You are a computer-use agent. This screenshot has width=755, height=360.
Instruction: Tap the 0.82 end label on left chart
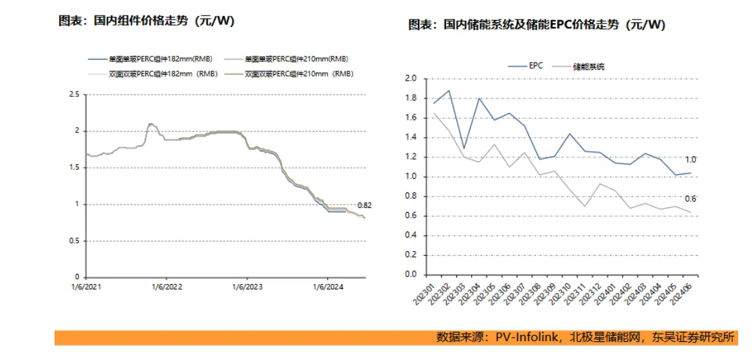point(364,205)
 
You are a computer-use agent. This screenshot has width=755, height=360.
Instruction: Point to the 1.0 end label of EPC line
point(690,160)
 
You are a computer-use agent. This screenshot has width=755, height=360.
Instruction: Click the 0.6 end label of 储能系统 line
point(690,199)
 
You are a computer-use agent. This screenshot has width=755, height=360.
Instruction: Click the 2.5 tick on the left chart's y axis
point(74,94)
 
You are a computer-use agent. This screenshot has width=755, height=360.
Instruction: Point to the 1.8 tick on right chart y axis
point(410,98)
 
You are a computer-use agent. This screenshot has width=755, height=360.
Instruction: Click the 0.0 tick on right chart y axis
point(410,275)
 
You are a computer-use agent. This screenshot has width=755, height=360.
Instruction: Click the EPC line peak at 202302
point(449,90)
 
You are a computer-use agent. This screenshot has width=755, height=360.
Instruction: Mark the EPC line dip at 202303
point(464,148)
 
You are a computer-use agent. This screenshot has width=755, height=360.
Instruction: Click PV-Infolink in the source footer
point(527,337)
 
